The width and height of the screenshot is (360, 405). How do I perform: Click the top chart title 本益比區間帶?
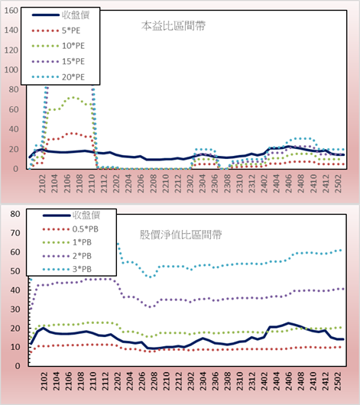coord(174,26)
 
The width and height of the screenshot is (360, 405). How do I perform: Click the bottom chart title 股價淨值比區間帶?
coord(180,235)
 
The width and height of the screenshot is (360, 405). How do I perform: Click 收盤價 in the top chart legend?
coord(76,15)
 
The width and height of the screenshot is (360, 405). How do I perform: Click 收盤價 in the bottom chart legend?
coord(86,215)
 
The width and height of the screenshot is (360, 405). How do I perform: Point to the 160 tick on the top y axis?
coord(11,11)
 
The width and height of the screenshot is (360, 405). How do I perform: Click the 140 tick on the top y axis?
coord(11,30)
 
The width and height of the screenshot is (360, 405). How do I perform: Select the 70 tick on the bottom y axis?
coord(15,233)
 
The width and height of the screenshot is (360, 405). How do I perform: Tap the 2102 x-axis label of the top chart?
coord(42,183)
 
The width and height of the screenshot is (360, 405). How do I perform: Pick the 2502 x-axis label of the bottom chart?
coord(339,381)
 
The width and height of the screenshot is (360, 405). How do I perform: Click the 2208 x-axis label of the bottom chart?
coord(154,381)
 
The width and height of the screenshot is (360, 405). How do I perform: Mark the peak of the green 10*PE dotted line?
coord(73,97)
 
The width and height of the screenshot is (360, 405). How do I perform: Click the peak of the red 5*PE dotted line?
coord(73,133)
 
